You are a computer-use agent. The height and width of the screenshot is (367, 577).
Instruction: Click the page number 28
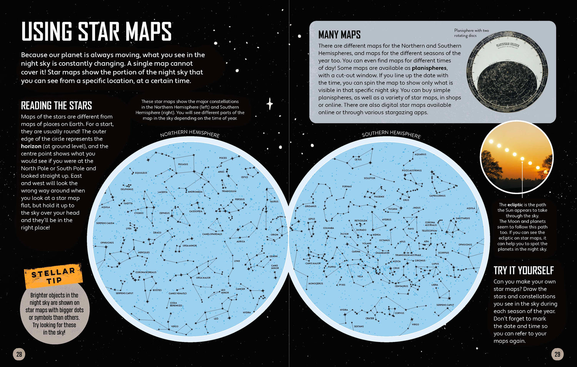coord(19,354)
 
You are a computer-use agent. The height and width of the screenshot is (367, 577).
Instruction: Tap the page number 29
coord(557,354)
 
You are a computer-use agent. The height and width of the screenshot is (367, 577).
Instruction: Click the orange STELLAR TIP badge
coord(53,275)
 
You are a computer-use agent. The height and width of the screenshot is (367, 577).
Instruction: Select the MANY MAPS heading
coord(339,35)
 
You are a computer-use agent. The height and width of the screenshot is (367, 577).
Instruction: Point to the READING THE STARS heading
coord(56,106)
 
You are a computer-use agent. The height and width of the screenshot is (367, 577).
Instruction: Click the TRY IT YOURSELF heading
coord(524,271)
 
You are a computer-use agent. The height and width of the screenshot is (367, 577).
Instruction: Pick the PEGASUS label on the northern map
coord(183,164)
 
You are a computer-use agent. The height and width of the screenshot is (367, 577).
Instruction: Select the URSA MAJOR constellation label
coord(203,277)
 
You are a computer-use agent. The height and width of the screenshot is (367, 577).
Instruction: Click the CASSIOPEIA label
coord(196,211)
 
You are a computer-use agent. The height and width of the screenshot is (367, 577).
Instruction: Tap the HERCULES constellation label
coord(143,252)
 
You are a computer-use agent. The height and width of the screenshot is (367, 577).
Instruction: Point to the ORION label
coord(274,234)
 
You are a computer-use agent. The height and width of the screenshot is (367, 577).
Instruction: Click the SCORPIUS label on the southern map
coord(443,253)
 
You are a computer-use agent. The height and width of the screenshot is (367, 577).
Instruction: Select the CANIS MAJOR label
coord(313,264)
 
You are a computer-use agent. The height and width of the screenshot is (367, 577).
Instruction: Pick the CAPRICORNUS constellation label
coord(437,196)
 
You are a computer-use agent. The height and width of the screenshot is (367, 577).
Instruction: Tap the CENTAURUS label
coord(401,286)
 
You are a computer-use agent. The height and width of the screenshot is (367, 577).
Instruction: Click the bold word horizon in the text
coord(31,146)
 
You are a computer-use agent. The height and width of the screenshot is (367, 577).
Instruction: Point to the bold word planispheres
coord(429,68)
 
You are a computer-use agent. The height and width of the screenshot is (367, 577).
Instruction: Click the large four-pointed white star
coord(270,104)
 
